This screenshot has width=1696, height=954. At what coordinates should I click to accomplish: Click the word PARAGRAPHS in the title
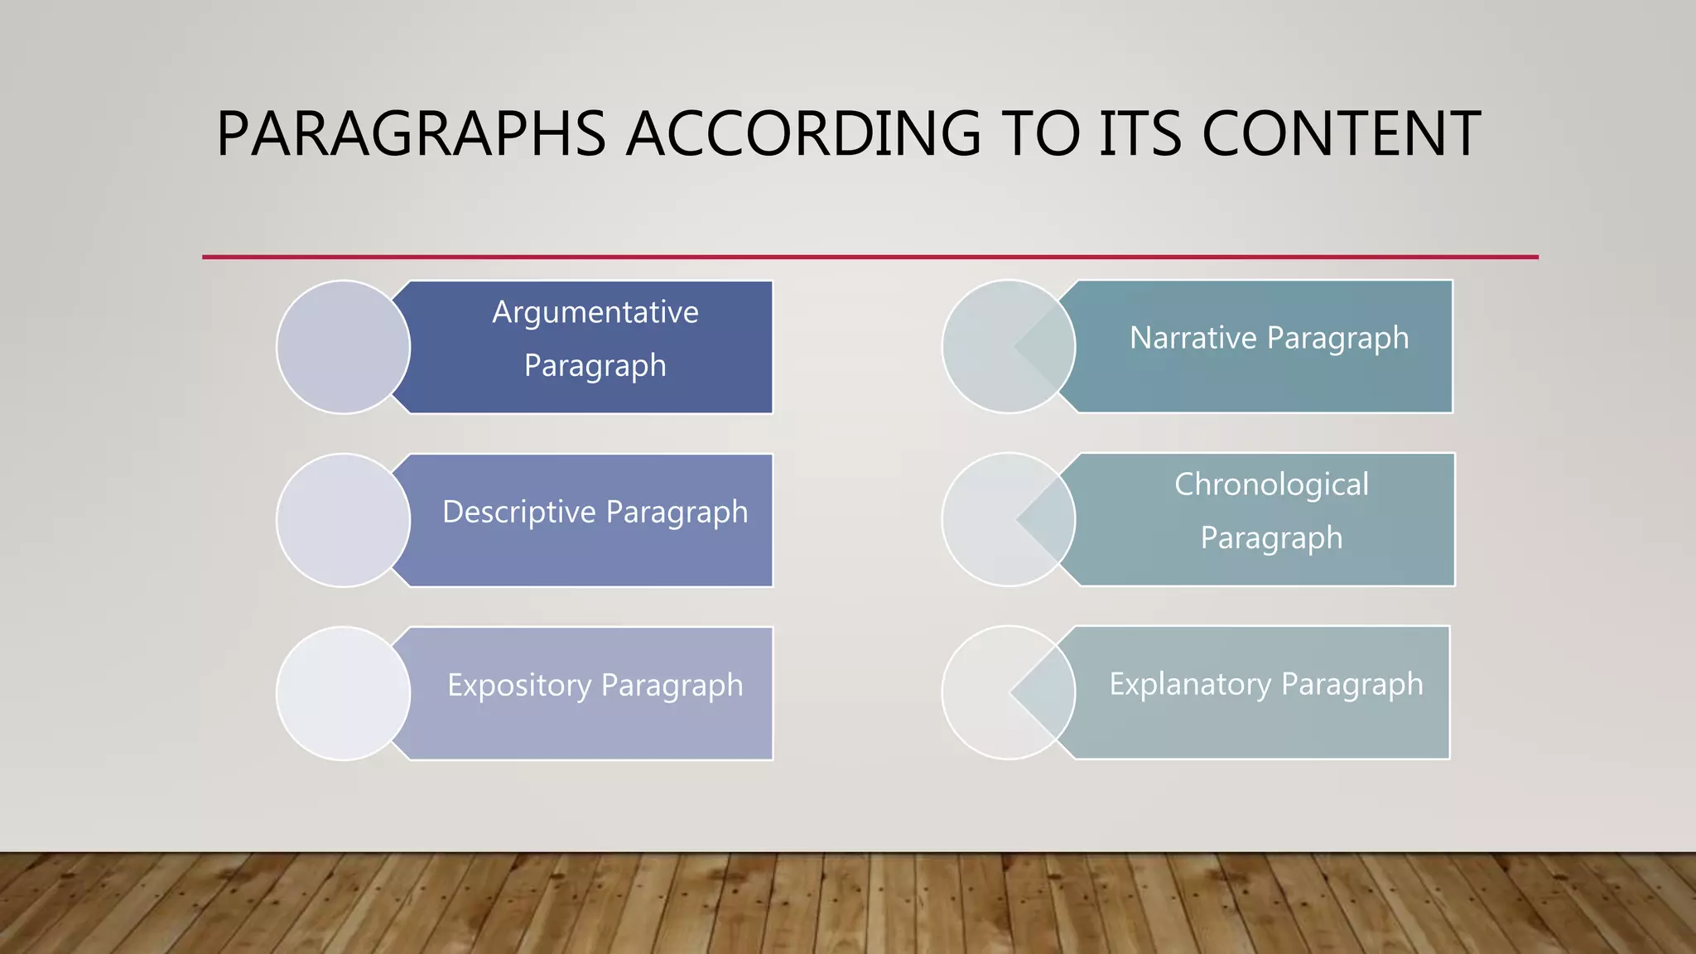tap(411, 134)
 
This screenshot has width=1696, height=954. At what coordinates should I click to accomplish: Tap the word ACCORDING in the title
tap(803, 134)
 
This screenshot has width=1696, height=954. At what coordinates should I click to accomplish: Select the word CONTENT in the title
tap(1341, 134)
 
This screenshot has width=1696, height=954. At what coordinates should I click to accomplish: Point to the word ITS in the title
tap(1140, 134)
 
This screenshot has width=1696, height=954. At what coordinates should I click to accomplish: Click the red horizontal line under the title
tap(870, 257)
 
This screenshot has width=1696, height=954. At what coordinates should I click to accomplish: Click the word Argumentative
tap(595, 312)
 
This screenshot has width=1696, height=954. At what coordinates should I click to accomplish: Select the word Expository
tap(519, 685)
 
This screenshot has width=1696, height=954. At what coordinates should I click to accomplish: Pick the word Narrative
tap(1193, 338)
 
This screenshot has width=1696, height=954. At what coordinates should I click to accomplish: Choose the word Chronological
tap(1271, 484)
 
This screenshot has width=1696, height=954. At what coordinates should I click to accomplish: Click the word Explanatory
tap(1190, 684)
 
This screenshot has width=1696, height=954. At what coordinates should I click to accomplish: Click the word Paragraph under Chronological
tap(1271, 538)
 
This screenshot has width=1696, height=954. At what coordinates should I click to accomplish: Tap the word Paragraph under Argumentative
tap(595, 366)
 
